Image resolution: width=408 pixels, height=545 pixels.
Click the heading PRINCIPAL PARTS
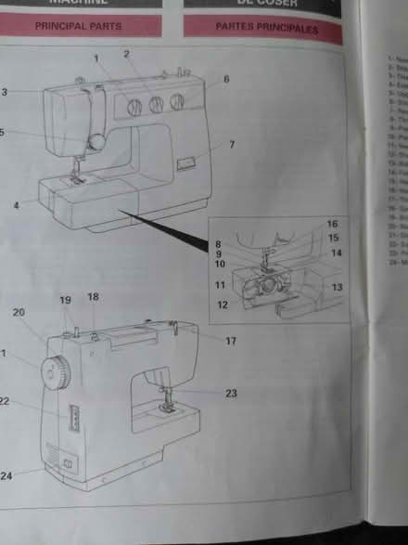pyautogui.click(x=78, y=27)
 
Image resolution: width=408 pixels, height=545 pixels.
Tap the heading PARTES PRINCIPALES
pyautogui.click(x=266, y=28)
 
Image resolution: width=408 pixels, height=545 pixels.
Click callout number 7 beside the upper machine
pyautogui.click(x=231, y=144)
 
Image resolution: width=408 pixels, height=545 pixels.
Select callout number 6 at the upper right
pyautogui.click(x=225, y=80)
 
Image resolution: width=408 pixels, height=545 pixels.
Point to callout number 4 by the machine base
pyautogui.click(x=17, y=204)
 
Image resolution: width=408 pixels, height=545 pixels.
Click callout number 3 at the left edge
pyautogui.click(x=4, y=92)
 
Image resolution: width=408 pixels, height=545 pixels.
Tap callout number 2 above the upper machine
pyautogui.click(x=125, y=55)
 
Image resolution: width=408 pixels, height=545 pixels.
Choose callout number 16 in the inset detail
pyautogui.click(x=332, y=225)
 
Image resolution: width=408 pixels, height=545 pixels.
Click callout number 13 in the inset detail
pyautogui.click(x=336, y=288)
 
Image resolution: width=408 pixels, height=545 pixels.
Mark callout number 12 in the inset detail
pyautogui.click(x=222, y=305)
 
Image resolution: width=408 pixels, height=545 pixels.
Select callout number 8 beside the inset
pyautogui.click(x=218, y=244)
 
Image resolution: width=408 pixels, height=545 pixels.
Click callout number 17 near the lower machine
pyautogui.click(x=231, y=342)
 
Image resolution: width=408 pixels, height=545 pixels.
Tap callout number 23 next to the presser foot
pyautogui.click(x=231, y=393)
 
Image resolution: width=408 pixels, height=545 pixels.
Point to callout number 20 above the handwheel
pyautogui.click(x=19, y=313)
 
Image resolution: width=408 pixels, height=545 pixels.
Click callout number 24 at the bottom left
pyautogui.click(x=6, y=476)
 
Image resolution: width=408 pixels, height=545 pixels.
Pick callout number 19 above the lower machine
pyautogui.click(x=65, y=300)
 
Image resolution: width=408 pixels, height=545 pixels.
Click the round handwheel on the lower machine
pyautogui.click(x=57, y=372)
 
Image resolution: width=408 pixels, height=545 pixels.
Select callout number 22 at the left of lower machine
pyautogui.click(x=5, y=401)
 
